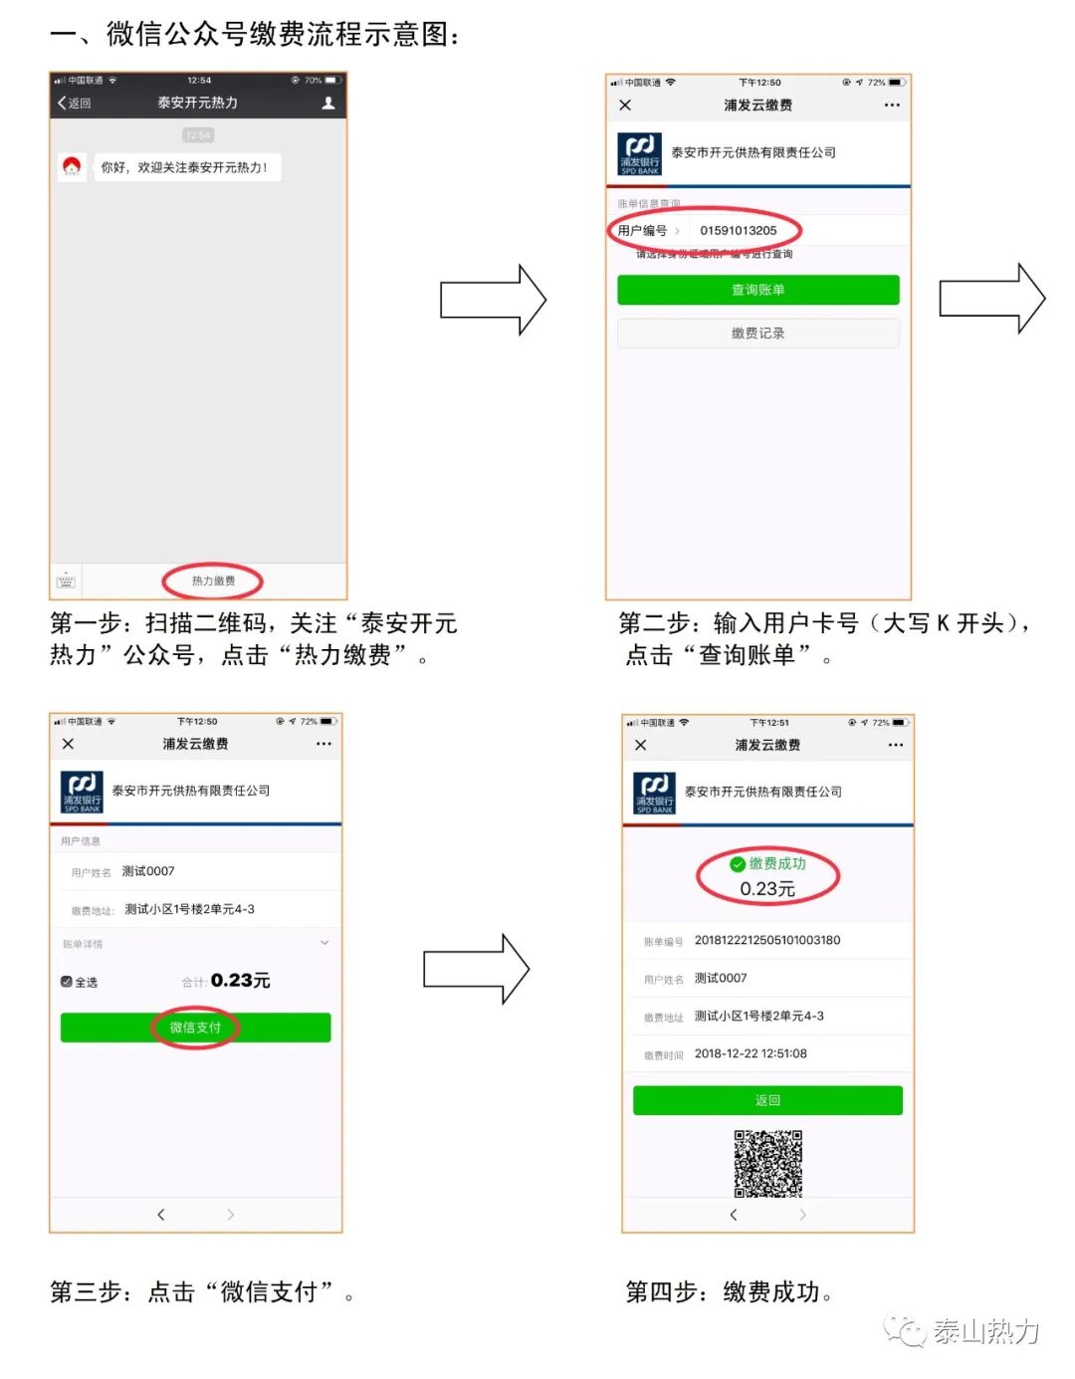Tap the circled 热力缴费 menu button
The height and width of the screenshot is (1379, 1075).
click(213, 580)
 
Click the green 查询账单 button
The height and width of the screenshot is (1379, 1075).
click(757, 290)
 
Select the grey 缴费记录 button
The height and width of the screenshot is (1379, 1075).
click(757, 334)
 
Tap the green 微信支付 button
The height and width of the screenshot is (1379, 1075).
click(195, 1028)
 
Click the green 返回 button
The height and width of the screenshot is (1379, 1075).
click(767, 1100)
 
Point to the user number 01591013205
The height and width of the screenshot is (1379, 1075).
click(738, 231)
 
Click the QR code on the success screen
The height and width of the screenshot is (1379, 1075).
click(767, 1163)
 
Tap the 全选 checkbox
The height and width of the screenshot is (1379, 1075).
click(67, 982)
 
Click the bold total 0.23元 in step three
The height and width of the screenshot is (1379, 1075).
click(240, 981)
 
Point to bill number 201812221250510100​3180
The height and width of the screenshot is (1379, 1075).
click(766, 940)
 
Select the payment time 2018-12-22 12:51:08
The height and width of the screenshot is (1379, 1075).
click(751, 1053)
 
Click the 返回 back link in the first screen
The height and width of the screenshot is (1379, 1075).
click(75, 104)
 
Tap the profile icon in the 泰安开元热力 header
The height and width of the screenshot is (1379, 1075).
click(328, 103)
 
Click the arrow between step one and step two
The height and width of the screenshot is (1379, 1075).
click(494, 299)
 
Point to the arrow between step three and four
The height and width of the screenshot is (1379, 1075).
click(476, 969)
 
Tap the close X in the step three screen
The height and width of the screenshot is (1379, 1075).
click(68, 744)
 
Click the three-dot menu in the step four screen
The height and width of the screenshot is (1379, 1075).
click(896, 745)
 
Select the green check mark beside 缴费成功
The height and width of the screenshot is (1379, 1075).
click(738, 864)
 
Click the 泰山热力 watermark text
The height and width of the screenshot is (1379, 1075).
click(984, 1331)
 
